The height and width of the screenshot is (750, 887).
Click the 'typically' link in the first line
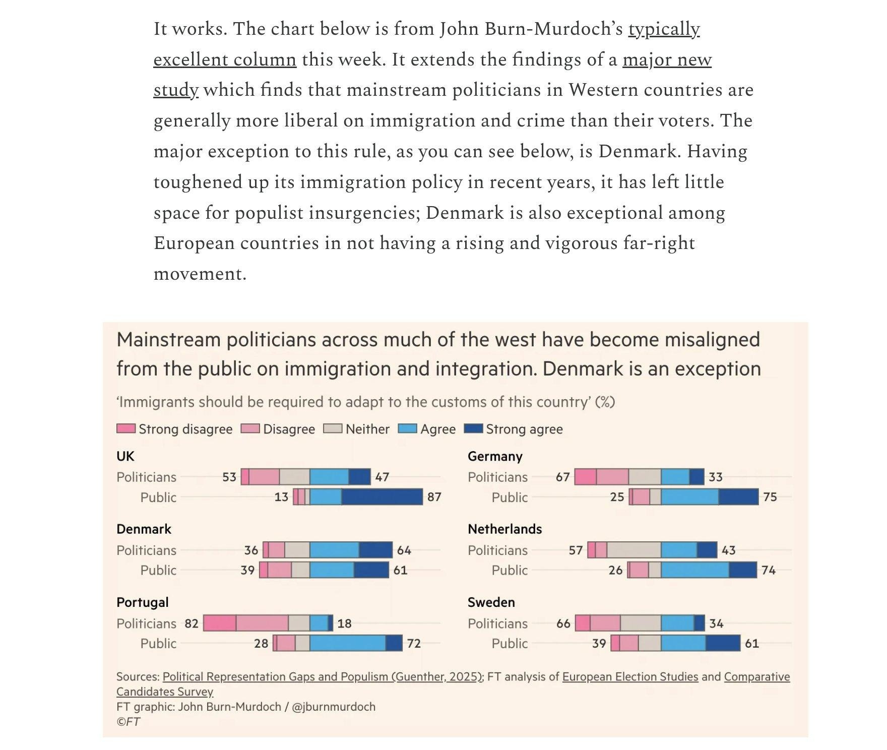(x=664, y=29)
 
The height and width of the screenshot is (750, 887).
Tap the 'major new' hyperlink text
(x=667, y=60)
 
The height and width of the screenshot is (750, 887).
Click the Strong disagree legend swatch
(x=125, y=429)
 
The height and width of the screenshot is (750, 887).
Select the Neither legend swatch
(x=333, y=429)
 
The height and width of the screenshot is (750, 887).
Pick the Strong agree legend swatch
(x=473, y=429)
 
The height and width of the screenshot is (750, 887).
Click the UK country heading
(x=125, y=457)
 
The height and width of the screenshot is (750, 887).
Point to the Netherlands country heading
(x=504, y=529)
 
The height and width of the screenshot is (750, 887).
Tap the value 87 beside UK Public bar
(x=434, y=497)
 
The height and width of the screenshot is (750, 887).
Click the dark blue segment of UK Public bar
(x=382, y=497)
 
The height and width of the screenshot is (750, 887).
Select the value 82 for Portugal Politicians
(x=192, y=623)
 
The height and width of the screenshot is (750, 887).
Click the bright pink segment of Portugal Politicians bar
(x=220, y=623)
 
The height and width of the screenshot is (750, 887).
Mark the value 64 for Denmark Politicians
(x=404, y=550)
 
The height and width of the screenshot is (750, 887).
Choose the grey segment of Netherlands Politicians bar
(x=633, y=550)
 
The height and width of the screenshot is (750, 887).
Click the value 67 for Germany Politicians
(x=562, y=477)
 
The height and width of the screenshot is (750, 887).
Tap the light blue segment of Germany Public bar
(x=689, y=497)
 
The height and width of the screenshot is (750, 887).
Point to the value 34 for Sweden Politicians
(x=716, y=623)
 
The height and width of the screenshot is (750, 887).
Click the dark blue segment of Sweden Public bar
(x=723, y=643)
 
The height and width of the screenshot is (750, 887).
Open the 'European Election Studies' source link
(x=630, y=677)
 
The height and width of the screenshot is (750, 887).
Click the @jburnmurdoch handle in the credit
(x=334, y=707)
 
